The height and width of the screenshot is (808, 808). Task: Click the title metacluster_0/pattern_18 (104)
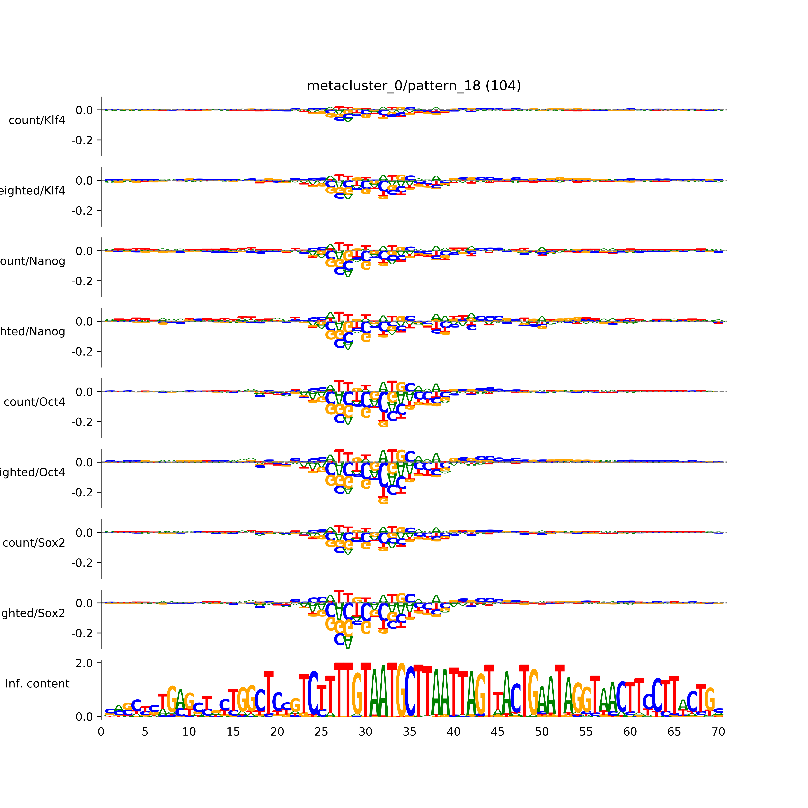pyautogui.click(x=414, y=86)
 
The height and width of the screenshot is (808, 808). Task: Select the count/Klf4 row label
pyautogui.click(x=37, y=120)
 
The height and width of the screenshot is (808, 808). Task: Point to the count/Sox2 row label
pyautogui.click(x=34, y=543)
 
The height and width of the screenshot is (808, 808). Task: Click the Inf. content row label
pyautogui.click(x=37, y=684)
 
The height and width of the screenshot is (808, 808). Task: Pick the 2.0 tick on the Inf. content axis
pyautogui.click(x=84, y=663)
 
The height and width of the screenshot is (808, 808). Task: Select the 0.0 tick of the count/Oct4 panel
pyautogui.click(x=84, y=392)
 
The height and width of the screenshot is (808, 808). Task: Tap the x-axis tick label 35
pyautogui.click(x=409, y=732)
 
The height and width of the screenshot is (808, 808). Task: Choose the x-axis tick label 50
pyautogui.click(x=542, y=732)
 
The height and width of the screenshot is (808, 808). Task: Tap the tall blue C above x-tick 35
pyautogui.click(x=410, y=691)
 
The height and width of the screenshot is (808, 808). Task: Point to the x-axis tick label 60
pyautogui.click(x=630, y=732)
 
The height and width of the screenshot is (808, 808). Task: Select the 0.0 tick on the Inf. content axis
pyautogui.click(x=84, y=717)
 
